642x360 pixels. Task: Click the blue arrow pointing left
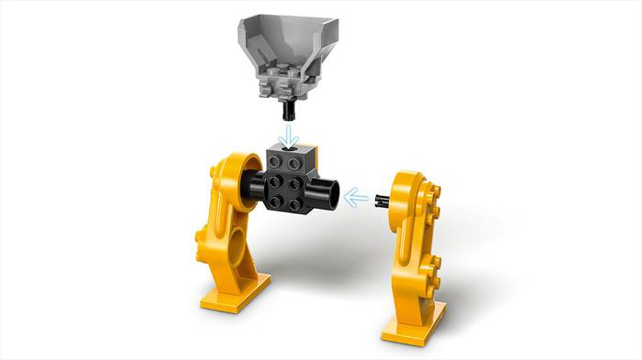[357, 197]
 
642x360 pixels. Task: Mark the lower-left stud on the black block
[276, 203]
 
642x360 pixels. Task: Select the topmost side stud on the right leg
[438, 190]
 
